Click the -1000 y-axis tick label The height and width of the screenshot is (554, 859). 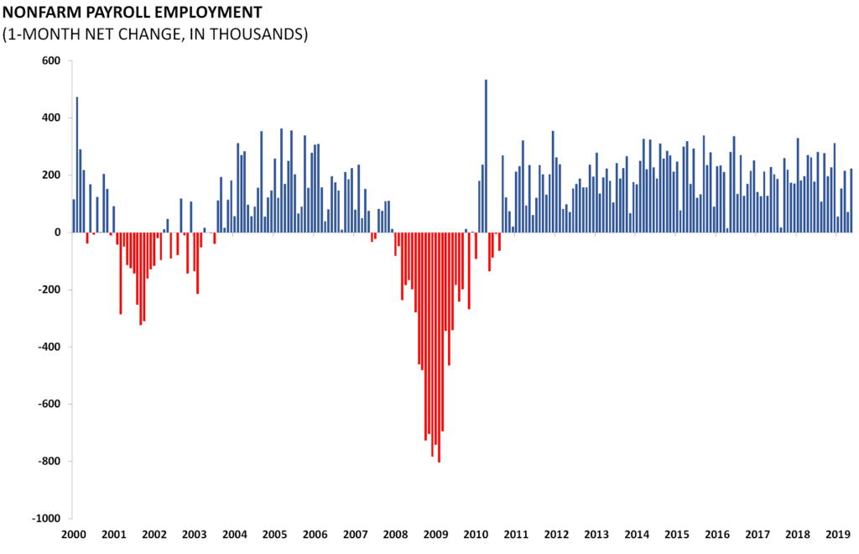point(47,518)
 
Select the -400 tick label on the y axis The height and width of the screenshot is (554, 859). point(50,347)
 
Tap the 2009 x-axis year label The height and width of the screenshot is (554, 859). point(435,534)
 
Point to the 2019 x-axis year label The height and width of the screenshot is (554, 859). point(836,534)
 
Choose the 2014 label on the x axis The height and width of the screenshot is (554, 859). point(636,534)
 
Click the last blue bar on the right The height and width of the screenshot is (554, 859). point(851,201)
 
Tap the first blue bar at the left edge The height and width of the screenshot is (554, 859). point(74,216)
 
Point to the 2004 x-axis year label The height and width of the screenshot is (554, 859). point(234,534)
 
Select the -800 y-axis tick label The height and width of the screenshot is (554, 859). point(50,461)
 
